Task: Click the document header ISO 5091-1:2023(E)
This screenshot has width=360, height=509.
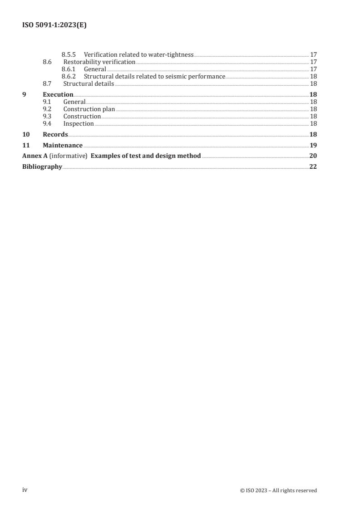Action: click(x=54, y=25)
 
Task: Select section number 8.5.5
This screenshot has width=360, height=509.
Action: click(x=69, y=55)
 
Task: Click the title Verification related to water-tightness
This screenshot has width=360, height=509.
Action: click(x=139, y=55)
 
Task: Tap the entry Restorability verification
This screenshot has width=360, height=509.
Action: click(x=99, y=62)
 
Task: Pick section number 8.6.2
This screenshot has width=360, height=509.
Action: click(x=69, y=77)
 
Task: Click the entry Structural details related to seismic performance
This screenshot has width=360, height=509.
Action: click(x=154, y=77)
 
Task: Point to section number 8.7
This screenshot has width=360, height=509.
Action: click(x=47, y=84)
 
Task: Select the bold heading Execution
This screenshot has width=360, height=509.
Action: click(x=58, y=95)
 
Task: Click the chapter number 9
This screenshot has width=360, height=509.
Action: click(x=25, y=95)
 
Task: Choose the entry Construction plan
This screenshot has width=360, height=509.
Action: click(x=89, y=109)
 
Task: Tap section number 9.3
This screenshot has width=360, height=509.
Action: click(x=47, y=117)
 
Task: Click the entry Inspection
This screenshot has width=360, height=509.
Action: click(x=79, y=124)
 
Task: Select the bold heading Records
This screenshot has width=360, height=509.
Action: click(x=55, y=135)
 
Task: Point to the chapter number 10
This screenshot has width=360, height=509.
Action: click(x=26, y=135)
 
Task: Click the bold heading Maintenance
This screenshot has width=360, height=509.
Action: click(x=63, y=146)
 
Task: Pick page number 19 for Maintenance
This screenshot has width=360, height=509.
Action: click(x=313, y=146)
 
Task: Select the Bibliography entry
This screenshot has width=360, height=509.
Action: click(x=42, y=167)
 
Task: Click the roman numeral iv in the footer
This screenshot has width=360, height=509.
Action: click(x=25, y=490)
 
